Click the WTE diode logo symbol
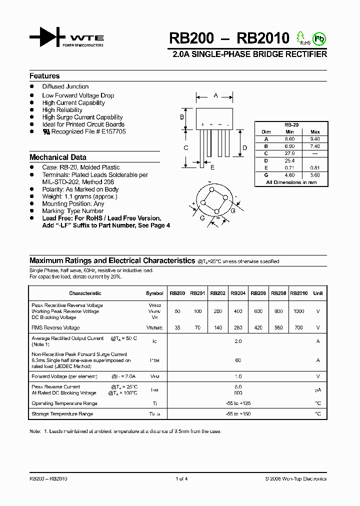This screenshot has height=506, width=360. [x=47, y=38]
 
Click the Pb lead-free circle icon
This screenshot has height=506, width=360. [x=318, y=38]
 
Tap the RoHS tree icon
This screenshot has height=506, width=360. [x=301, y=37]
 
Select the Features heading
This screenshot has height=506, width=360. [x=44, y=76]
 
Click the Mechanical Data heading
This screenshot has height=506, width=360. [x=58, y=157]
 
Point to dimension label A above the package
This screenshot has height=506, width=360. [x=215, y=95]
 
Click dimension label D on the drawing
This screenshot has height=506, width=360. [x=244, y=147]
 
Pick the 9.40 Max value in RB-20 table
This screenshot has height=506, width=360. [x=315, y=139]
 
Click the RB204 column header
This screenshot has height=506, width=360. [x=238, y=293]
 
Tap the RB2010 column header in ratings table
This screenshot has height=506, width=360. [x=299, y=293]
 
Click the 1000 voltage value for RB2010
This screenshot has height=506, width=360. [x=299, y=311]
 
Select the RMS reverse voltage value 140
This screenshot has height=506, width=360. [x=217, y=328]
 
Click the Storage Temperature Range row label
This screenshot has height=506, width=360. [x=62, y=414]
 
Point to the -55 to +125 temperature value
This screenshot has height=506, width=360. [x=238, y=403]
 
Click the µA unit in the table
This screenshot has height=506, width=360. [x=318, y=390]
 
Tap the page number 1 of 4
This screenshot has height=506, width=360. [x=181, y=479]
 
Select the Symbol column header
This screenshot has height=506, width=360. [x=154, y=293]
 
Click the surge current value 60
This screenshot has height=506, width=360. [x=238, y=360]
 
